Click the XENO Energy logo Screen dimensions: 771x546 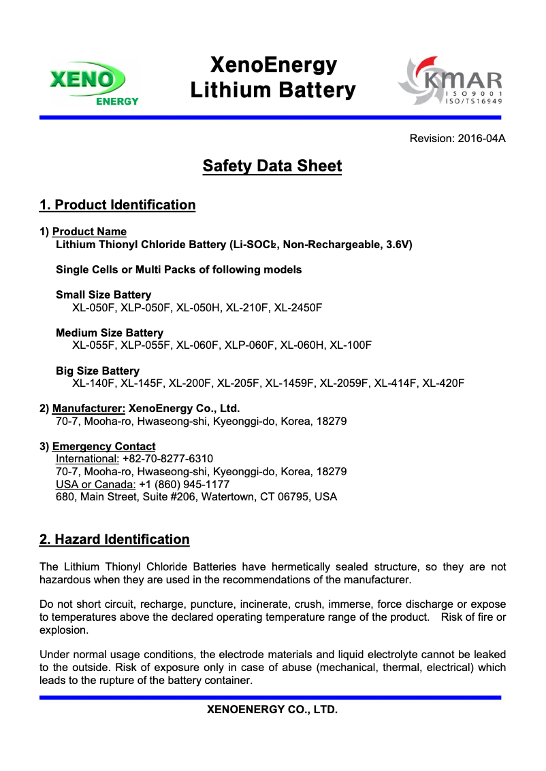click(x=95, y=83)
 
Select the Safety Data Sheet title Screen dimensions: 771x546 click(x=272, y=166)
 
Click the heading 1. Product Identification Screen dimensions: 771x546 click(x=117, y=205)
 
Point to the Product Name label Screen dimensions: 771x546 click(x=89, y=232)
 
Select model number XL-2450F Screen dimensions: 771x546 click(x=298, y=307)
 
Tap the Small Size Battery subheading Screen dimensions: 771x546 click(x=103, y=295)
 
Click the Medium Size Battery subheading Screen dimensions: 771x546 click(x=110, y=333)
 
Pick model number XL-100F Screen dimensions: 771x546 click(x=351, y=345)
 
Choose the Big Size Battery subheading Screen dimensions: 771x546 click(x=97, y=371)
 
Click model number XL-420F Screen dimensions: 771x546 click(x=443, y=383)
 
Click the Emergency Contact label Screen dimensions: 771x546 click(x=103, y=447)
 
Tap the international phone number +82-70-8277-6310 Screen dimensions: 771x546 click(x=167, y=459)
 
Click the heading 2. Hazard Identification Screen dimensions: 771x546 click(x=114, y=540)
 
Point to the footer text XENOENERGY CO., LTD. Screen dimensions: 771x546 click(x=272, y=710)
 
